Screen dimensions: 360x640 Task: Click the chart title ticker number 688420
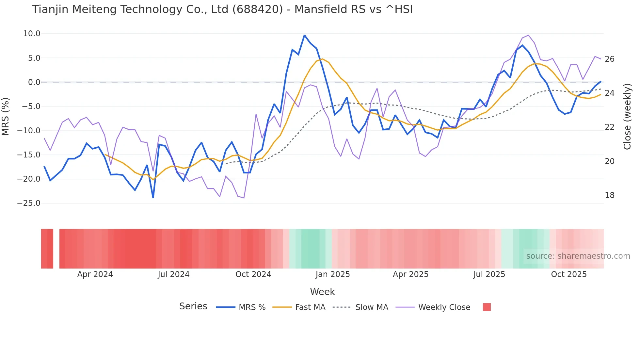coord(257,9)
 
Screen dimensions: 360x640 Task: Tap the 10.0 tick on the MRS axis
coord(32,34)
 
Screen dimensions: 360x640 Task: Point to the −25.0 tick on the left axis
coord(29,203)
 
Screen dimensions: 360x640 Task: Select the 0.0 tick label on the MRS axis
coord(34,82)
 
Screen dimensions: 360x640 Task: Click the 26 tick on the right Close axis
coord(609,59)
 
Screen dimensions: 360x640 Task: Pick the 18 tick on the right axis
coord(609,195)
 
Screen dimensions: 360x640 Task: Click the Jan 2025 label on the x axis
coord(332,274)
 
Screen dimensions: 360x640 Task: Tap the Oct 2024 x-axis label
coord(253,274)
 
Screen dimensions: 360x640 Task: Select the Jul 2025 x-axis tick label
coord(489,274)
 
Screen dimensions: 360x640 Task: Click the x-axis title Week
coord(322,292)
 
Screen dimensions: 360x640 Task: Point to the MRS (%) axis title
coord(6,117)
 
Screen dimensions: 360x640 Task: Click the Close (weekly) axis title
coord(627,117)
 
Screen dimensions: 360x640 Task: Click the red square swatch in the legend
coord(487,307)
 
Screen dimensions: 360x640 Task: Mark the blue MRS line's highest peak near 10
coord(304,35)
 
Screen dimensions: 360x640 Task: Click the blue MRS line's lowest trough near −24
coord(153,197)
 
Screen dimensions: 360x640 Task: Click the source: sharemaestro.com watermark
coord(578,256)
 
